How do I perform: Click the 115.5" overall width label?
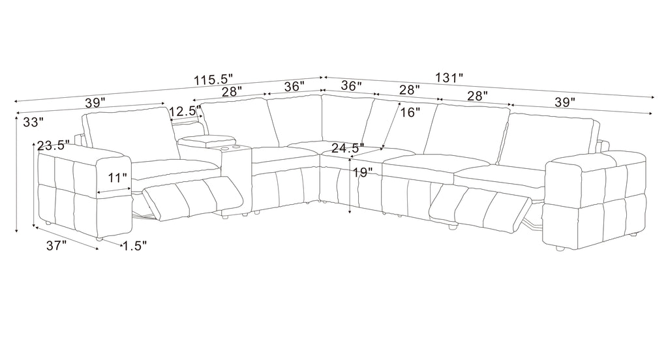point(213,80)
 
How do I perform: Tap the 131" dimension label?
point(449,78)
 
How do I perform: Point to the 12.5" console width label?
point(185,112)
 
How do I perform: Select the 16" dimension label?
point(410,112)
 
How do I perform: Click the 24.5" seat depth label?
point(348,148)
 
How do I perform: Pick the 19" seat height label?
point(363,173)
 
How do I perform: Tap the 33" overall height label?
point(33,122)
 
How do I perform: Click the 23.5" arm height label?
point(53,145)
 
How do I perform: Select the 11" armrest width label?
point(117,177)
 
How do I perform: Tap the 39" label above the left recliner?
point(95,102)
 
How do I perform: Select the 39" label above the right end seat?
point(565,102)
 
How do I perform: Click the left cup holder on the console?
point(224,148)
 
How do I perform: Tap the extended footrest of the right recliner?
point(481,207)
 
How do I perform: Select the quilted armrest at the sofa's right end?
point(595,200)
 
